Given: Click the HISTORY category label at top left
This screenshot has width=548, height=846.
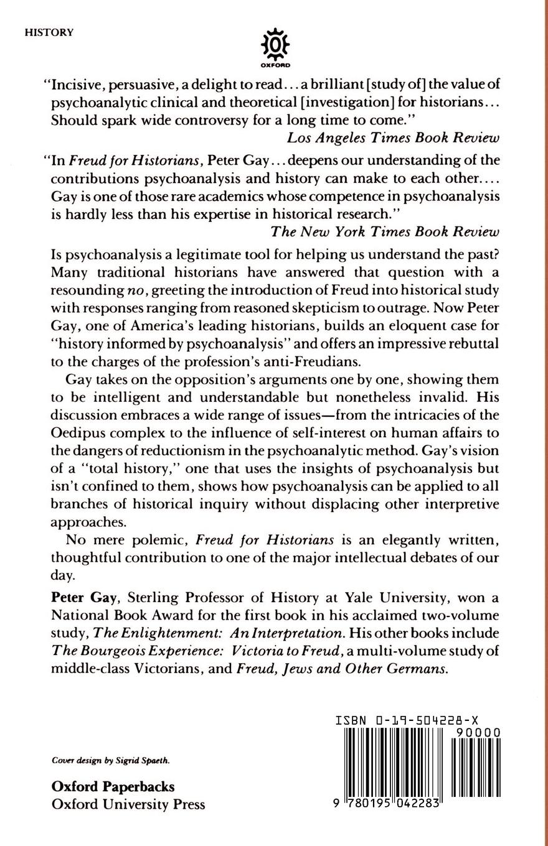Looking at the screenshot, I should [49, 32].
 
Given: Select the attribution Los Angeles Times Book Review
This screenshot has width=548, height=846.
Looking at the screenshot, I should [393, 137].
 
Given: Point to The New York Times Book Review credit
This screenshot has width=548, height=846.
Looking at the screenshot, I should [385, 231].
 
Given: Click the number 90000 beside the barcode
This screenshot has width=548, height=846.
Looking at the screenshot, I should [478, 733].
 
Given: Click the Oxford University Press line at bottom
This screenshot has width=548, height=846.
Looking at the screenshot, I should [128, 804].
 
